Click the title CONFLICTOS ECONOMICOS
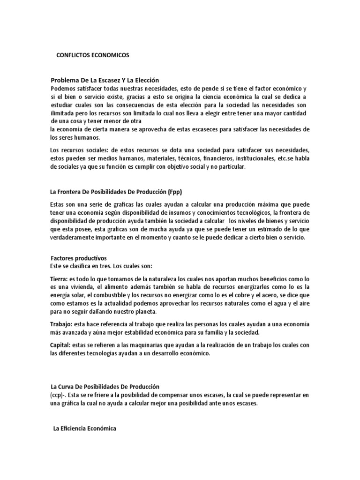(92, 55)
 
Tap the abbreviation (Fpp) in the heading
(174, 191)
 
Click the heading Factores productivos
(79, 258)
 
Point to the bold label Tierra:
(59, 279)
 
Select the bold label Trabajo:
(61, 324)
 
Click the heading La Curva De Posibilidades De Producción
(105, 387)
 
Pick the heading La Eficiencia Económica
(84, 428)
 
